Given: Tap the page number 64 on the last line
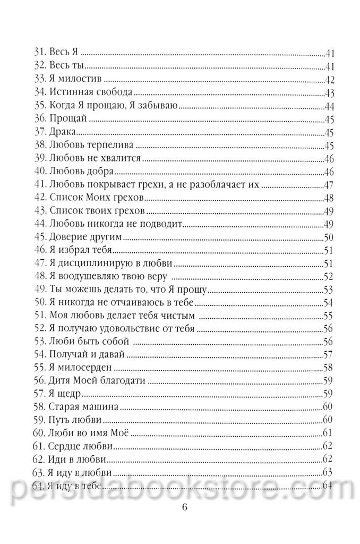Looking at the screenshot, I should (327, 485).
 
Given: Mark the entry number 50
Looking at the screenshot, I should (40, 303).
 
